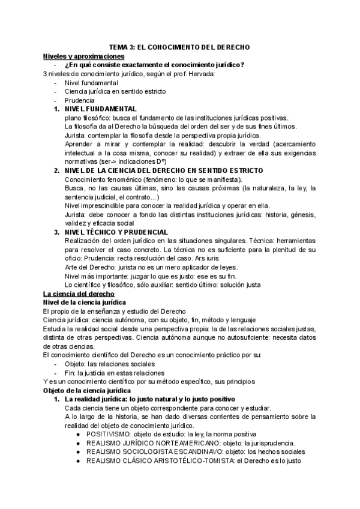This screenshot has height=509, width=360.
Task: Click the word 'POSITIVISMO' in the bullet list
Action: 108,434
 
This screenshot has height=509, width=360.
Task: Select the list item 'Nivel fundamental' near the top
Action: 91,83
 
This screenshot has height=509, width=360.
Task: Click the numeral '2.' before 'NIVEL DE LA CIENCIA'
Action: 56,170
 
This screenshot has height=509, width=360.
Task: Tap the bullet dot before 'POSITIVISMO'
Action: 80,434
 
